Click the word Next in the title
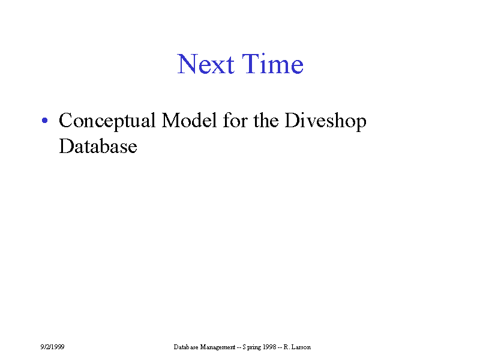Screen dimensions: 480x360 [206, 64]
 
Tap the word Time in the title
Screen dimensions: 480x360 [273, 64]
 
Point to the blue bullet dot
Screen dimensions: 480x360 [44, 121]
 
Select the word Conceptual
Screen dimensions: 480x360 [107, 122]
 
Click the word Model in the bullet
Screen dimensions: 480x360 [189, 120]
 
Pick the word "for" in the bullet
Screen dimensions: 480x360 [235, 120]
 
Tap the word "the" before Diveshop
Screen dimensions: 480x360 [266, 120]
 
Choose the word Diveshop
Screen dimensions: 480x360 [325, 122]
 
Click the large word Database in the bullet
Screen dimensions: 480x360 [98, 146]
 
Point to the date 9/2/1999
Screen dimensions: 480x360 [52, 347]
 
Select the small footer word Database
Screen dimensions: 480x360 [186, 347]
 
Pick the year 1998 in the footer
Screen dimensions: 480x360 [269, 347]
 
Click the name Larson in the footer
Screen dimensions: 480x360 [301, 347]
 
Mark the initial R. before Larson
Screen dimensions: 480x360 [287, 347]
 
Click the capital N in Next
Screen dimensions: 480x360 [187, 64]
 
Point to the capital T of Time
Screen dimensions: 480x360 [251, 64]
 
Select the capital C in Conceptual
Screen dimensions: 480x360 [65, 121]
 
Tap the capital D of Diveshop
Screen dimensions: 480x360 [293, 121]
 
